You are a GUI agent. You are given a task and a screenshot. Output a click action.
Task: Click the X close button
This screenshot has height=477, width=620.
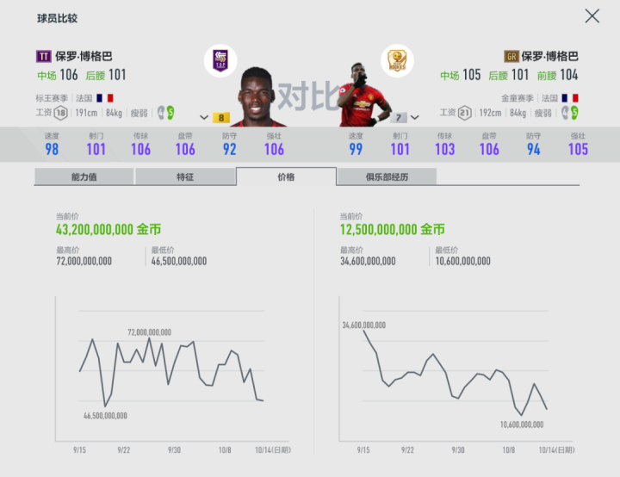tap(592, 15)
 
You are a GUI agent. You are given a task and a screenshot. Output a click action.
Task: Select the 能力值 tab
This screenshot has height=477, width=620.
tap(84, 177)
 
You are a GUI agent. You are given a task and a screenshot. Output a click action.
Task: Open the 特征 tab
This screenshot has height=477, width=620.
tap(185, 177)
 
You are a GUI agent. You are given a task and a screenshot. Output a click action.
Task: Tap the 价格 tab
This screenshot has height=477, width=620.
tap(286, 177)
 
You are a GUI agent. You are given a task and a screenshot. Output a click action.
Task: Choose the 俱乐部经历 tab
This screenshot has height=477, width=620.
tap(387, 177)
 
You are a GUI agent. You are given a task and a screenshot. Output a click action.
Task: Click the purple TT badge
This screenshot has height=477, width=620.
tap(43, 56)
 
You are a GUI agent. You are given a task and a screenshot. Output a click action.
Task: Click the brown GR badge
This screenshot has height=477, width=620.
tap(512, 56)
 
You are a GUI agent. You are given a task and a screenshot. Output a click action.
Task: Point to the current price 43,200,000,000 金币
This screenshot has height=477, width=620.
tap(108, 230)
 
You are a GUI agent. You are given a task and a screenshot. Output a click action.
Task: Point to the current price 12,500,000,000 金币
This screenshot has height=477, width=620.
tap(393, 230)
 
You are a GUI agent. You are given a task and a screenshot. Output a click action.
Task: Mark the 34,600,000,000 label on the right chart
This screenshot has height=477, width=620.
tap(363, 325)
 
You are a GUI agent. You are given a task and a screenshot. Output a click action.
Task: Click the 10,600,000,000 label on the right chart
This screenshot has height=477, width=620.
tap(522, 424)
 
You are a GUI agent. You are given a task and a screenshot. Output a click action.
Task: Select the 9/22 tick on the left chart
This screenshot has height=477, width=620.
tap(124, 449)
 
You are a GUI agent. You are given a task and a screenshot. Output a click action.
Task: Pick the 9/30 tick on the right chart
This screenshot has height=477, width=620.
tap(458, 449)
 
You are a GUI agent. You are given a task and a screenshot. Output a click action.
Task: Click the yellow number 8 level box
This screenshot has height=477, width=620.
tap(221, 117)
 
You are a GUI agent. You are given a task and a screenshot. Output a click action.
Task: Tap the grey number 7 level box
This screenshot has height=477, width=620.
tap(399, 117)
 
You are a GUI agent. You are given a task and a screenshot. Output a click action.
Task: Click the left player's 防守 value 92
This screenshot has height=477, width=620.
tap(229, 149)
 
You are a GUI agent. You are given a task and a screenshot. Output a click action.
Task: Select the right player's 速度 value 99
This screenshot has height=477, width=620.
tap(356, 149)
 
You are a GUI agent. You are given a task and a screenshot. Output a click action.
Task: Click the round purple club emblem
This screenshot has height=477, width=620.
tap(221, 60)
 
